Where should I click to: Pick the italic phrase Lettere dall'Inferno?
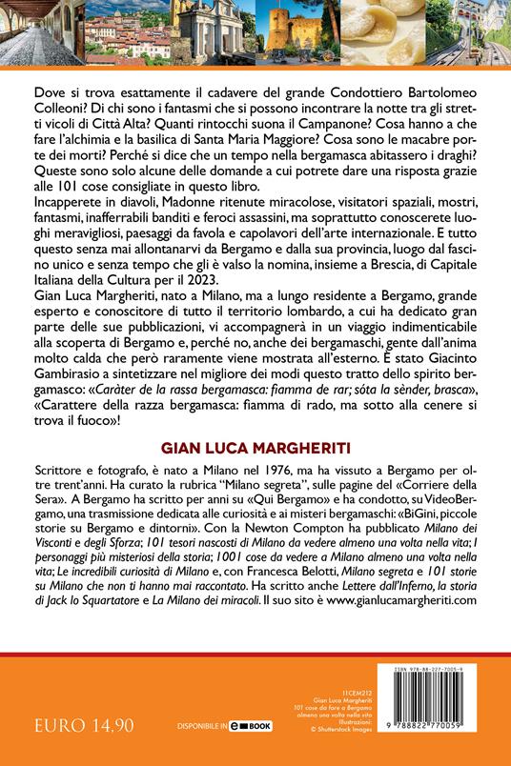352,586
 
